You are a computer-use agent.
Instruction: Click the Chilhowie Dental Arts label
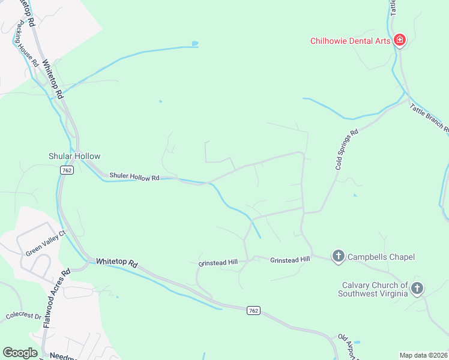[351, 41]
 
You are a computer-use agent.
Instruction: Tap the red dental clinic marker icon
[399, 41]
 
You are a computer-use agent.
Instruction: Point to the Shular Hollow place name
[74, 156]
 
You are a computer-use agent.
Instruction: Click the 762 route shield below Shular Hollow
[67, 170]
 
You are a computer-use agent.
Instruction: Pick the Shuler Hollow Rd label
[134, 177]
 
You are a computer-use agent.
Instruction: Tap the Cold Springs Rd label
[346, 149]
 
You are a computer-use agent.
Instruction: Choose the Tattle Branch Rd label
[430, 118]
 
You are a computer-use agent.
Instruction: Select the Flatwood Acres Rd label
[58, 297]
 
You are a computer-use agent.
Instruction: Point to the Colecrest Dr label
[23, 316]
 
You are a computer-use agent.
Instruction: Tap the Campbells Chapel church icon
[338, 257]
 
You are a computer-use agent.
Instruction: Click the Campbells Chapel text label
[380, 257]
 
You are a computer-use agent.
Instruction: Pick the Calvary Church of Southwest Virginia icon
[417, 289]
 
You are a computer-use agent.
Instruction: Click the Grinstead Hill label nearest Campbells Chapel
[290, 260]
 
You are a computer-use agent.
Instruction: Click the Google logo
[20, 353]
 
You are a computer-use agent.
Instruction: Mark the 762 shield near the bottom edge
[254, 310]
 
